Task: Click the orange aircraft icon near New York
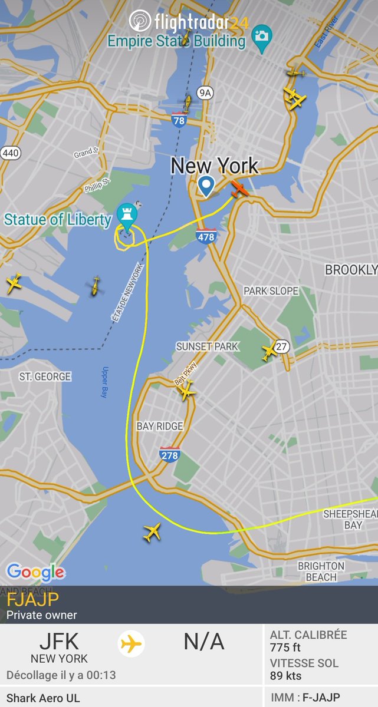coord(239,190)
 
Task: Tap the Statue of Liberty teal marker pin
coord(126,216)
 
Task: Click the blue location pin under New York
coord(206,186)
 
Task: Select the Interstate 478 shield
coord(206,237)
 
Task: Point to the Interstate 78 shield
coord(179,121)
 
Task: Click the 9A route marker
coord(205,92)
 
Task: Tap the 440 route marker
coord(11,153)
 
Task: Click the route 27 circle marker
coord(282,346)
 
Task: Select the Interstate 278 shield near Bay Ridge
coord(169,455)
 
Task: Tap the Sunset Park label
coord(207,346)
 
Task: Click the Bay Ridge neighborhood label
coord(159,426)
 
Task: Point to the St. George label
coord(45,376)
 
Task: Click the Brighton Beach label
coord(321,571)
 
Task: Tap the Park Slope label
coord(271,291)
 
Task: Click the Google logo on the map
coord(35,571)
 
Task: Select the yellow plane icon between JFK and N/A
coord(132,644)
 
